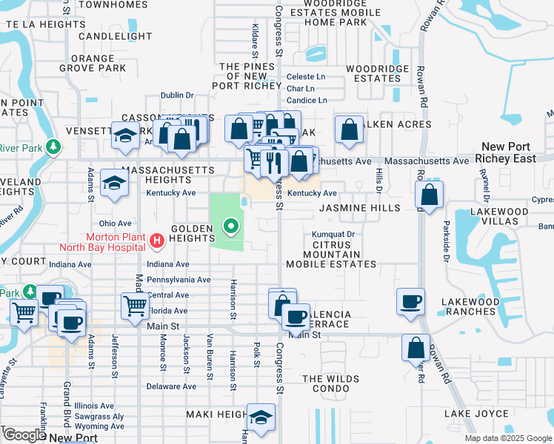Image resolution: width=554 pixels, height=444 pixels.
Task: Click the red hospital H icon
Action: tap(156, 240)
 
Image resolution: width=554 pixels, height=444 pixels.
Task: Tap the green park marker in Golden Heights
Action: tap(231, 226)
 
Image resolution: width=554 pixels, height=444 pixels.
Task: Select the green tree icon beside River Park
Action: tap(53, 147)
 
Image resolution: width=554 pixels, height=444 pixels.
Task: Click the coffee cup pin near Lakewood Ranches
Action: tap(410, 302)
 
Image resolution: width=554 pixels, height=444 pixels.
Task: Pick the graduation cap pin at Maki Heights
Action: tap(260, 418)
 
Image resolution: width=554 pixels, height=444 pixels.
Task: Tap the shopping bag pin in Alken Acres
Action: tap(349, 130)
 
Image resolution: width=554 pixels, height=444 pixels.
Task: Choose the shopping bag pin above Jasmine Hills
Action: tap(430, 195)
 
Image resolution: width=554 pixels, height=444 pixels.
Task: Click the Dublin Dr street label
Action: tap(177, 95)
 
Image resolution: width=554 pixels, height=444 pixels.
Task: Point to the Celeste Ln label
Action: tap(306, 76)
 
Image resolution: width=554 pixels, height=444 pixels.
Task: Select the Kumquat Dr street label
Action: tap(334, 234)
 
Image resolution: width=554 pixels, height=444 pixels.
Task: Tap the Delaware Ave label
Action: tap(171, 386)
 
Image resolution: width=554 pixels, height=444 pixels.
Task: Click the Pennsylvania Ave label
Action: tap(178, 280)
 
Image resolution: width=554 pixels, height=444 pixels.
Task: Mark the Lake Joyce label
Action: tap(476, 414)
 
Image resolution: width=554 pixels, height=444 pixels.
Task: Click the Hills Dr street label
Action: tap(378, 177)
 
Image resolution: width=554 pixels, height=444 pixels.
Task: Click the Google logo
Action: tap(24, 436)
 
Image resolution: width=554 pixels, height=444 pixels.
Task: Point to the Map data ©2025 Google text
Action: tap(508, 438)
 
